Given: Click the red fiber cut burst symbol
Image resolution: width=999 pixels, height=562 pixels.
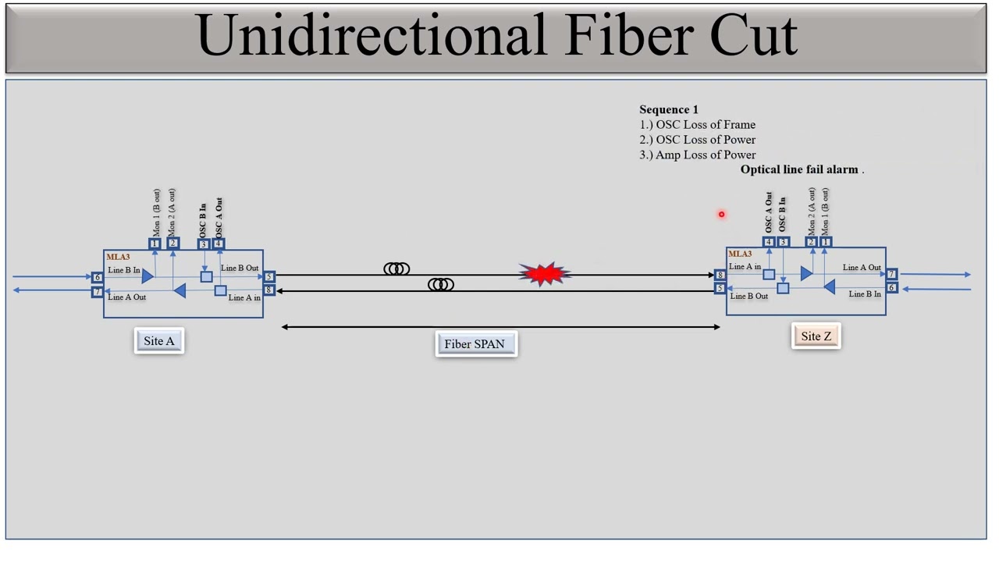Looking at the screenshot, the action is coord(544,273).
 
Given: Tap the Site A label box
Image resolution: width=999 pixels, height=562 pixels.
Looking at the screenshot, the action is coord(159,341).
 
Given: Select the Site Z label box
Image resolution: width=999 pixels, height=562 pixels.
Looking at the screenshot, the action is coord(816,336).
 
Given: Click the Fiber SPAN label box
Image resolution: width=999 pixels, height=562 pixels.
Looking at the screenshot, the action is coord(476,344).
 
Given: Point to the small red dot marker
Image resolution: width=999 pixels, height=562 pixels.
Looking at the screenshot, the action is coord(722,215).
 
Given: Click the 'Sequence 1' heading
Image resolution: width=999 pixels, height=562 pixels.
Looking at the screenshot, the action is coord(669,110).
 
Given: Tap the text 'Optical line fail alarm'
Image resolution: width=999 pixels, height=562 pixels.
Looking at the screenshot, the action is coord(799,169).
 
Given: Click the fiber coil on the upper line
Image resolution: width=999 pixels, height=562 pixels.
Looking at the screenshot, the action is coord(396,269).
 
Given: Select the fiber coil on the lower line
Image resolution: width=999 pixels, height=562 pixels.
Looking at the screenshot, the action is coord(441,284).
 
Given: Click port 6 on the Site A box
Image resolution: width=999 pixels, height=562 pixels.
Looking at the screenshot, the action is coord(98,277).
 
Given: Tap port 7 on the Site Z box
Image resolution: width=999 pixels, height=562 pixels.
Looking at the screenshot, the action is coord(891,274).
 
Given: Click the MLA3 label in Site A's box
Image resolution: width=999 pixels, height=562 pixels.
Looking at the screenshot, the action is coord(118,257).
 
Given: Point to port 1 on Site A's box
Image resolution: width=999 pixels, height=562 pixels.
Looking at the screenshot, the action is coord(155,244).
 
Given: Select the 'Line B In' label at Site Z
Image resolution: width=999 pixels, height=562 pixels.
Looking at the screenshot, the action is coord(864,294).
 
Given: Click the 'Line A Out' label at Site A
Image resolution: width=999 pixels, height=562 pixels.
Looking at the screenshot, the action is coord(126,297).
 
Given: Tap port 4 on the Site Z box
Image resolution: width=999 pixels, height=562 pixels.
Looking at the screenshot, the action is coord(769,242).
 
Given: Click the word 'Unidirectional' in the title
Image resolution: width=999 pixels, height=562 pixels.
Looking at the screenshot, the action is coord(372,36).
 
